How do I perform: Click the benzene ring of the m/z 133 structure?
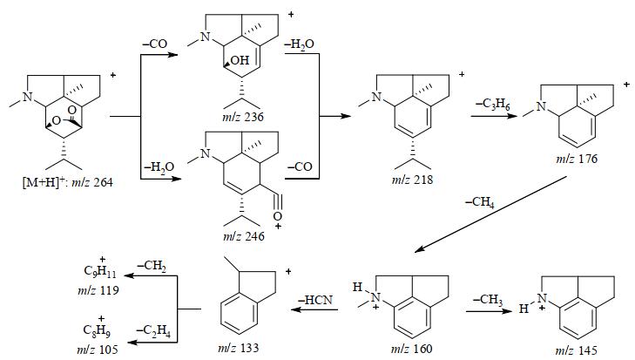click(229, 316)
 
